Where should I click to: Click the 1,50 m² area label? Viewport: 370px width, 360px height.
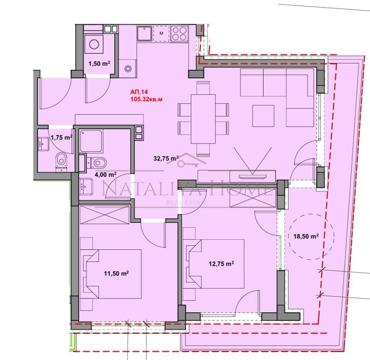99,64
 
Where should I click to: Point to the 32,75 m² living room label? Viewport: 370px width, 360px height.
166,158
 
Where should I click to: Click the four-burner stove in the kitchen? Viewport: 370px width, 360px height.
179,33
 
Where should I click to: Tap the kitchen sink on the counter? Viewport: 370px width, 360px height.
144,34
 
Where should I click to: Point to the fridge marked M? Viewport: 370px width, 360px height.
161,33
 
